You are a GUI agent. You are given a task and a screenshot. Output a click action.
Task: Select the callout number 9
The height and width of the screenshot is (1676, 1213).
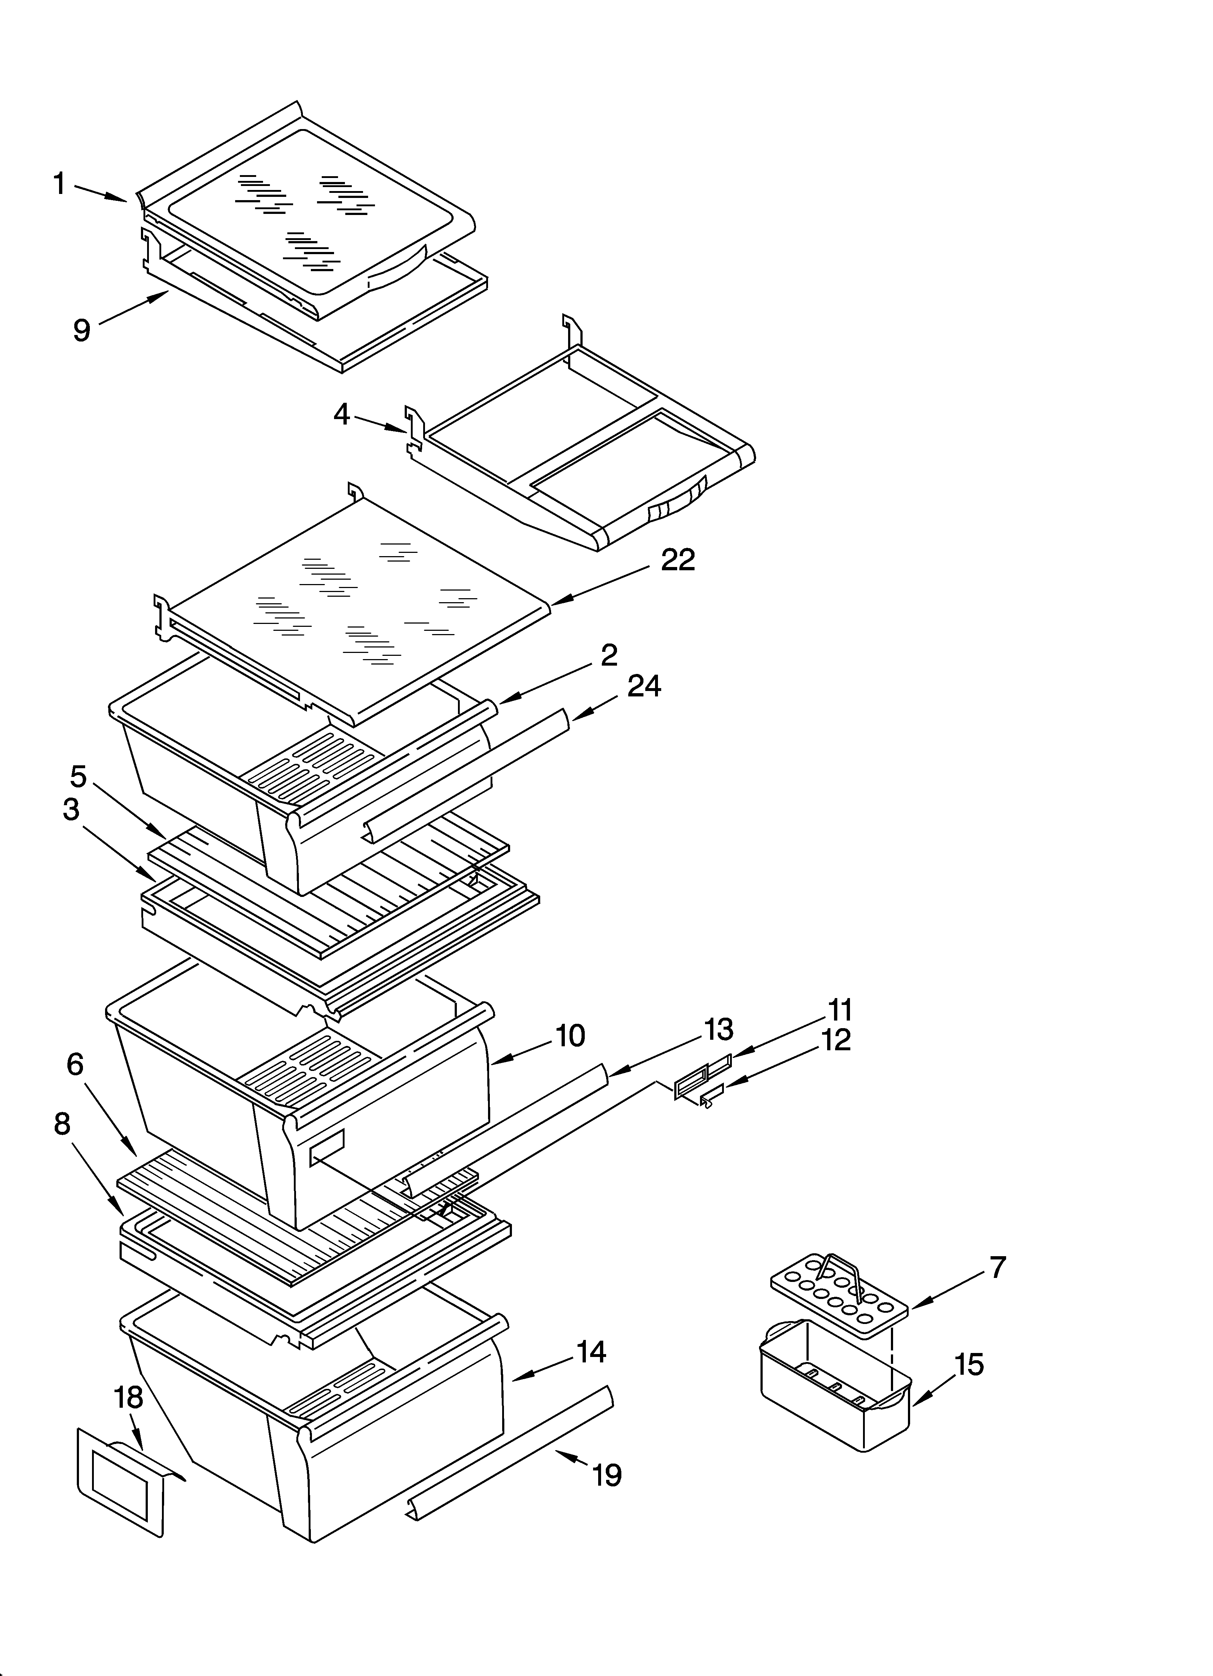[82, 330]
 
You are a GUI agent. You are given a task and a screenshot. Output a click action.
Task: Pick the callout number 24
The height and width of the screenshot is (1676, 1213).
[644, 687]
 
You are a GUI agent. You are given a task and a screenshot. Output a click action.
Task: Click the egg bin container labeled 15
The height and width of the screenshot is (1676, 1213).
[835, 1400]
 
